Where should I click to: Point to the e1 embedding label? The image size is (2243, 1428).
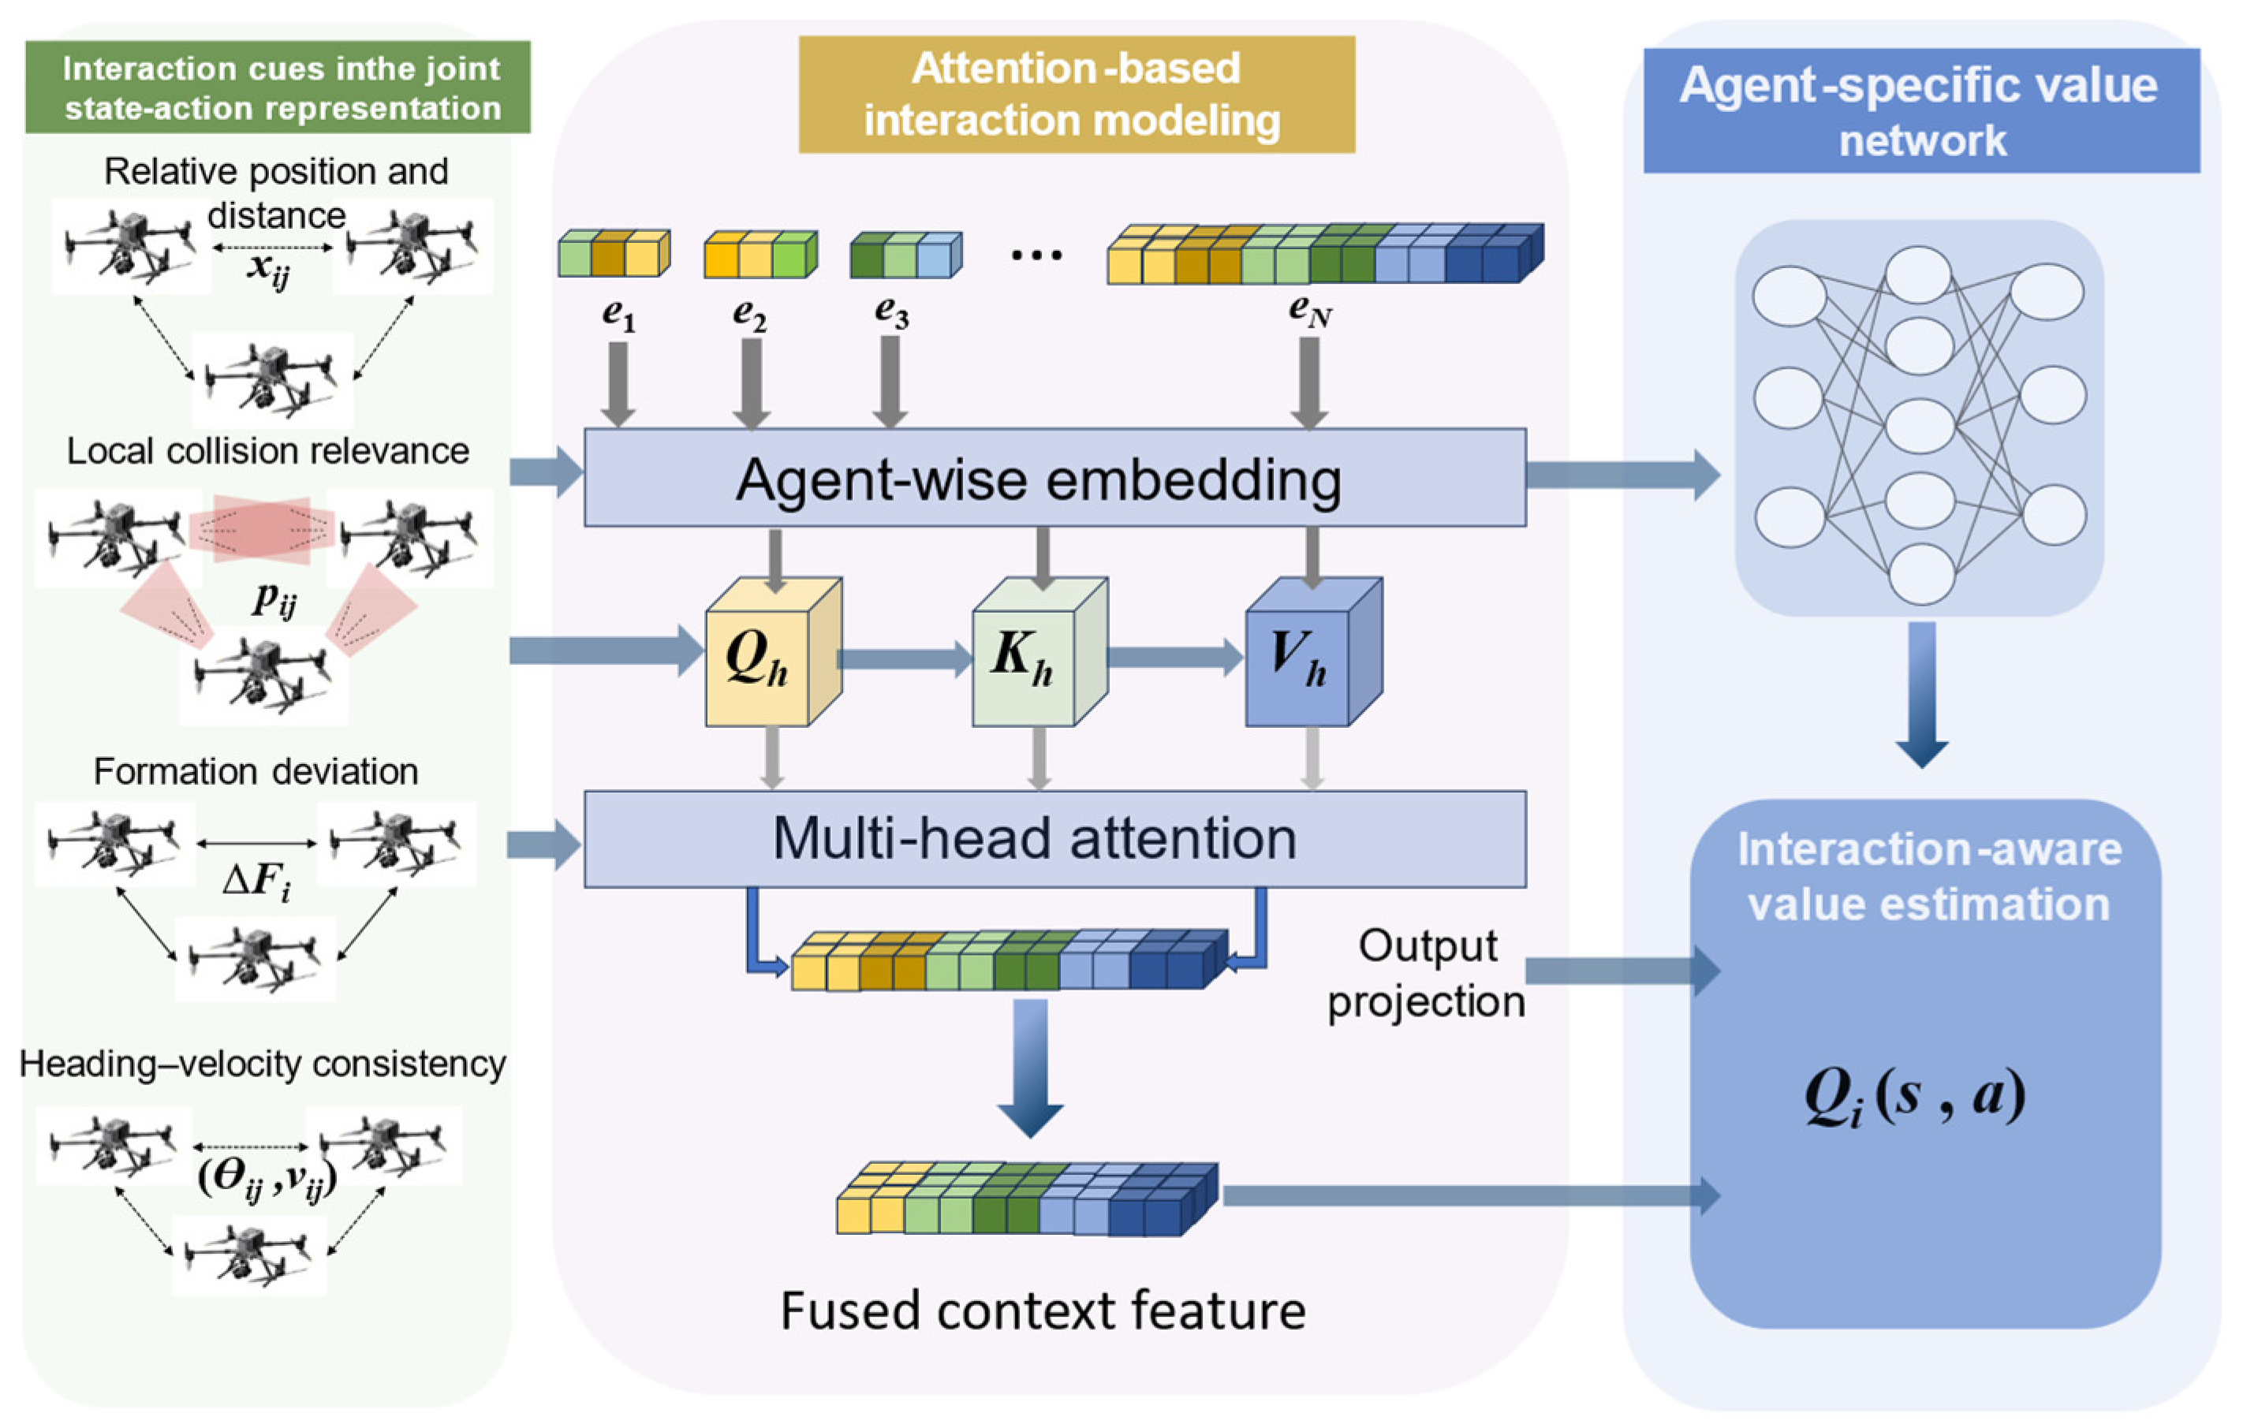618,313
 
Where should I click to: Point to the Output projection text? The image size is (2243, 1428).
1426,974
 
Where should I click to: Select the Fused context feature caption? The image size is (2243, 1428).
1043,1311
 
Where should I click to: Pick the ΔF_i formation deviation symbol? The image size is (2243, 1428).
256,880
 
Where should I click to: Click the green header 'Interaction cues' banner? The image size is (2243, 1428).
278,88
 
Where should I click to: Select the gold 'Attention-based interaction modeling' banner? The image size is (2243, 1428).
1076,94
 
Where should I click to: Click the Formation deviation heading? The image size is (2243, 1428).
256,771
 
